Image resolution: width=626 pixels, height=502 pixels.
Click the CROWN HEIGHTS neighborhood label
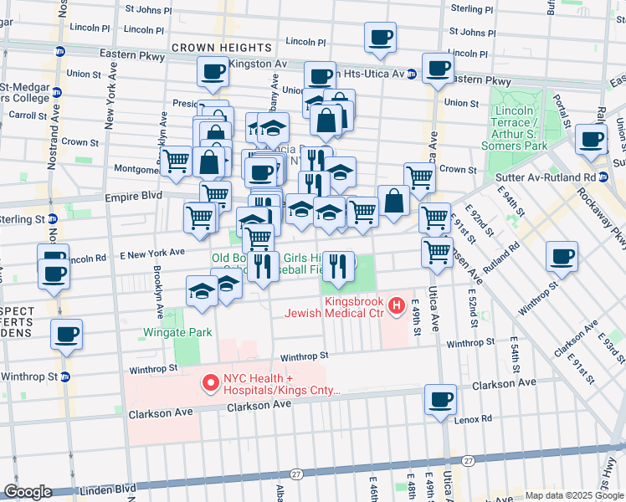point(222,48)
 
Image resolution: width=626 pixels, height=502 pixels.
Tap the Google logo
point(28,492)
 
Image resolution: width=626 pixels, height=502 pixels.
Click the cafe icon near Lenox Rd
point(440,399)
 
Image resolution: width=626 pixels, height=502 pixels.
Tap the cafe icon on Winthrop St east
point(561,256)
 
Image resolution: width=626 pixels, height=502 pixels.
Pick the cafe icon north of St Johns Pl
point(380,37)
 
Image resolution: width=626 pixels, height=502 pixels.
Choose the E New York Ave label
point(151,252)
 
